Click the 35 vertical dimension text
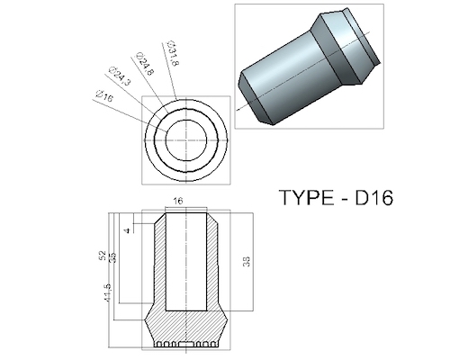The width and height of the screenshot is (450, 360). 112,258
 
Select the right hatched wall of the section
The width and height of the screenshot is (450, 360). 213,270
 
